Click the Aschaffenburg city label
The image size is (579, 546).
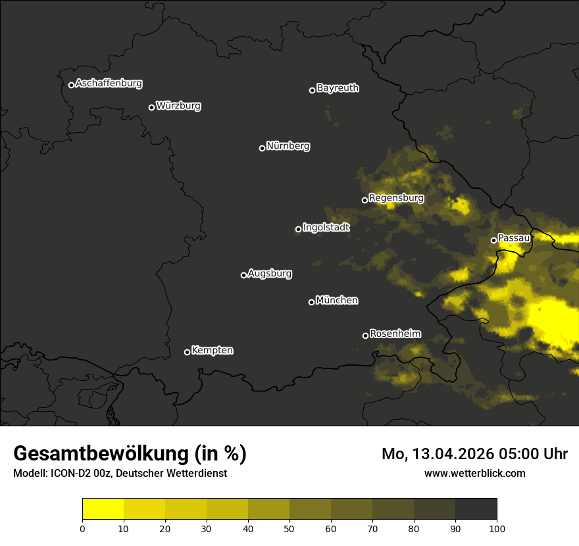coord(109,84)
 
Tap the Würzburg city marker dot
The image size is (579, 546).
coord(151,107)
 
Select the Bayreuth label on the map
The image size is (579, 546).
coord(338,88)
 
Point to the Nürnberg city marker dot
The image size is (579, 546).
coord(262,148)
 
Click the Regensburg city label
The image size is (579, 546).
coord(396,198)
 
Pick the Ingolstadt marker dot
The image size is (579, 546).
coord(298,229)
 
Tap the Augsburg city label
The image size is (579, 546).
coord(270,274)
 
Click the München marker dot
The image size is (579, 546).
coord(311,302)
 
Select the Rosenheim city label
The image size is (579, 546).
coord(395,334)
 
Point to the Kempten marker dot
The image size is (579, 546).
coord(187,352)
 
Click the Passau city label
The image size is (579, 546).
coord(514,238)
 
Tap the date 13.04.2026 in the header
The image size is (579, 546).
coord(451,454)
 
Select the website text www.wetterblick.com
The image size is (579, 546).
coord(474,473)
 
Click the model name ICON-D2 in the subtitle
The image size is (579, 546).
coord(68,474)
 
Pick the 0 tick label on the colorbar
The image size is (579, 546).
coord(82,528)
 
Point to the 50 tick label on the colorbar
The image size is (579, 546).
coord(289,528)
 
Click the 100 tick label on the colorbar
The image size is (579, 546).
coord(497,528)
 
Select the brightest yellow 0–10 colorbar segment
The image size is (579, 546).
coord(103,509)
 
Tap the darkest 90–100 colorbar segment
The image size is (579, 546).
coord(476,509)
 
